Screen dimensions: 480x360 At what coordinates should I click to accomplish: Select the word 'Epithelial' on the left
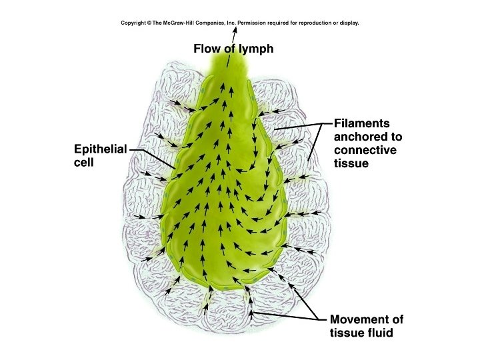point(99,149)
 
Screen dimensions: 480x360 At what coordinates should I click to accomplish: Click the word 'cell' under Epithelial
point(84,162)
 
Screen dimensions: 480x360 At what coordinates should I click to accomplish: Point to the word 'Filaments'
point(362,124)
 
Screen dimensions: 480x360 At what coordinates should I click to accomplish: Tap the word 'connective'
point(365,150)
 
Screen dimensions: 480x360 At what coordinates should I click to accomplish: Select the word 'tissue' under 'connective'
point(351,163)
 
